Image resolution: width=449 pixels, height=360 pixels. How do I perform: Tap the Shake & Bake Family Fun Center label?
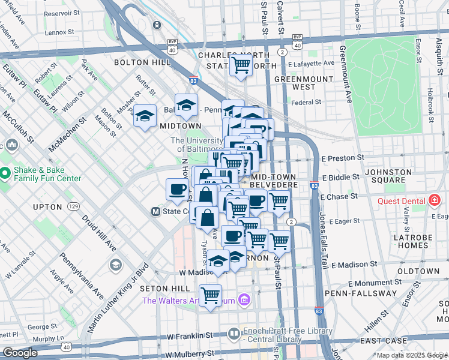coord(46,173)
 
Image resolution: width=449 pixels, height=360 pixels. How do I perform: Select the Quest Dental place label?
coord(402,201)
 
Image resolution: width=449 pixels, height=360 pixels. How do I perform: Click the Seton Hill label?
coord(160,289)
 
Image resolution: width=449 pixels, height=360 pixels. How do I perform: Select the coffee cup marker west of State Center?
coord(177,189)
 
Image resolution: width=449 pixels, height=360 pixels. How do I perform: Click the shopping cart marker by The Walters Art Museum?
coord(210,295)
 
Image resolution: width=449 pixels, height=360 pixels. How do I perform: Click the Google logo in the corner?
coord(20,353)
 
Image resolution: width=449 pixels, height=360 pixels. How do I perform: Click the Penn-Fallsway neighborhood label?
coord(360,293)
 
